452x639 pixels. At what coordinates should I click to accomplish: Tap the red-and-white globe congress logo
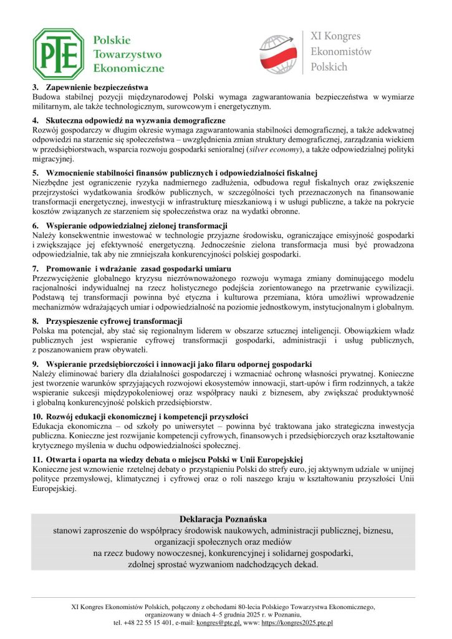click(x=279, y=52)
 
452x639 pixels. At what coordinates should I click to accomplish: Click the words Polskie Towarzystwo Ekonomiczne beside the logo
click(x=128, y=54)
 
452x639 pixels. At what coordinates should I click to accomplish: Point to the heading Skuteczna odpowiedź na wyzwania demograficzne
click(x=135, y=119)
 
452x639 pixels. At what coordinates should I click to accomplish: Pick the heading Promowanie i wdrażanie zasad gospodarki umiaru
click(x=125, y=268)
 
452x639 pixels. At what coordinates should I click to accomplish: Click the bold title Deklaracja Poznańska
click(x=223, y=519)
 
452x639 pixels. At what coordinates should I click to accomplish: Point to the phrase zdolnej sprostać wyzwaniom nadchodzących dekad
click(x=223, y=565)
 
